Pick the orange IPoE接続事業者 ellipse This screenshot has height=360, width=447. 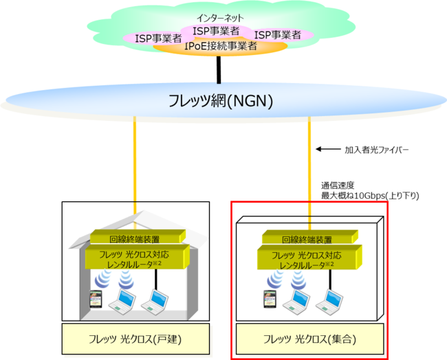tap(221, 47)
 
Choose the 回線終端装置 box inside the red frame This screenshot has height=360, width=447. tap(307, 240)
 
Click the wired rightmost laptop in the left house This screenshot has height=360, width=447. tap(156, 300)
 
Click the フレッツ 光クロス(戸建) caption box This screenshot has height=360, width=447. tap(135, 339)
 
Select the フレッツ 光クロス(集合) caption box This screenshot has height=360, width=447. tap(309, 339)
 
